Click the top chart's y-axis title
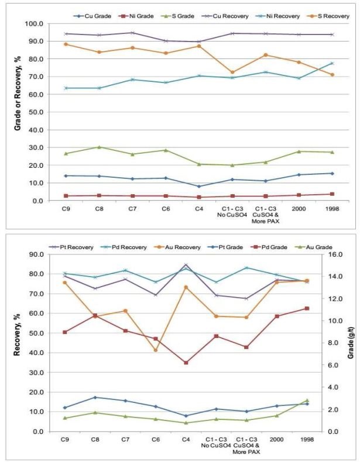[18, 112]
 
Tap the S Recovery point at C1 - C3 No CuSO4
[232, 73]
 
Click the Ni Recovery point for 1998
[332, 63]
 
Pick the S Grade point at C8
[98, 147]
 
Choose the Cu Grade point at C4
[199, 187]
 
